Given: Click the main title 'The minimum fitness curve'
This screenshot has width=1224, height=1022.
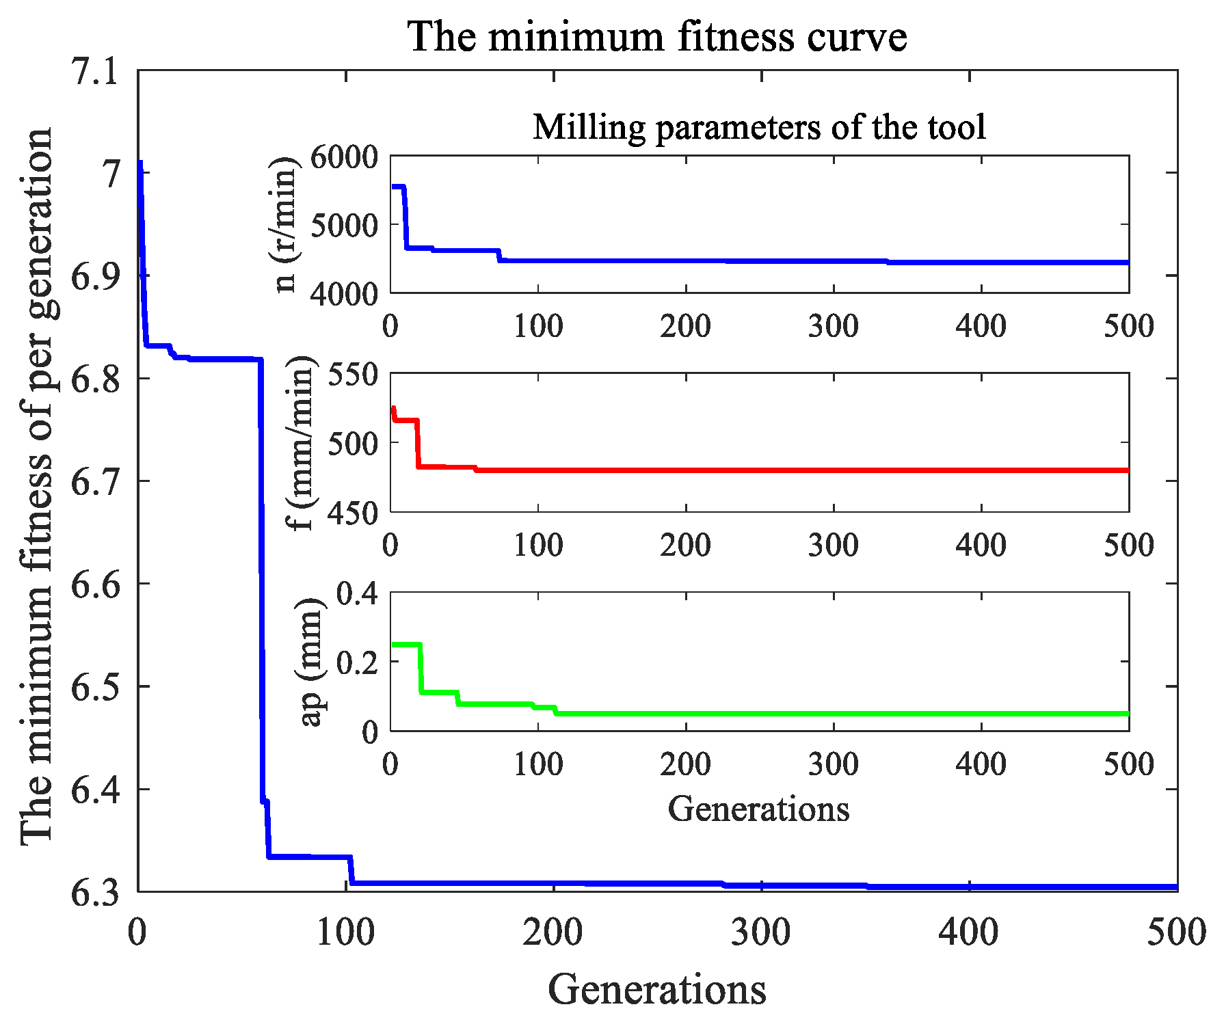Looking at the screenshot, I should [x=657, y=36].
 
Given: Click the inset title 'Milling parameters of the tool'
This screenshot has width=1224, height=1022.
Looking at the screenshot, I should [x=759, y=126].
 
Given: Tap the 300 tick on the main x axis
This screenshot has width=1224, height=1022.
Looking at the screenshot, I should [x=761, y=932].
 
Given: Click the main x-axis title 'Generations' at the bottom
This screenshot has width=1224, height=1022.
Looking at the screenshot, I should [x=657, y=989].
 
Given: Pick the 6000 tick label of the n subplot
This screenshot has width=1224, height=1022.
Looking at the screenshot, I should [x=344, y=157].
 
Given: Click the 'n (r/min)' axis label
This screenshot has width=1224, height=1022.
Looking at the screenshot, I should [x=284, y=224].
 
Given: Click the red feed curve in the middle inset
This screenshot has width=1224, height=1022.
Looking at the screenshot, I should [x=752, y=470].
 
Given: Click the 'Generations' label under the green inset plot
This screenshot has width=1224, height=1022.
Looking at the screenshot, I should [x=758, y=809].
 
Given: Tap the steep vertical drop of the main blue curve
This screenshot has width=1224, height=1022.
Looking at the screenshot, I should [x=261, y=581].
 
